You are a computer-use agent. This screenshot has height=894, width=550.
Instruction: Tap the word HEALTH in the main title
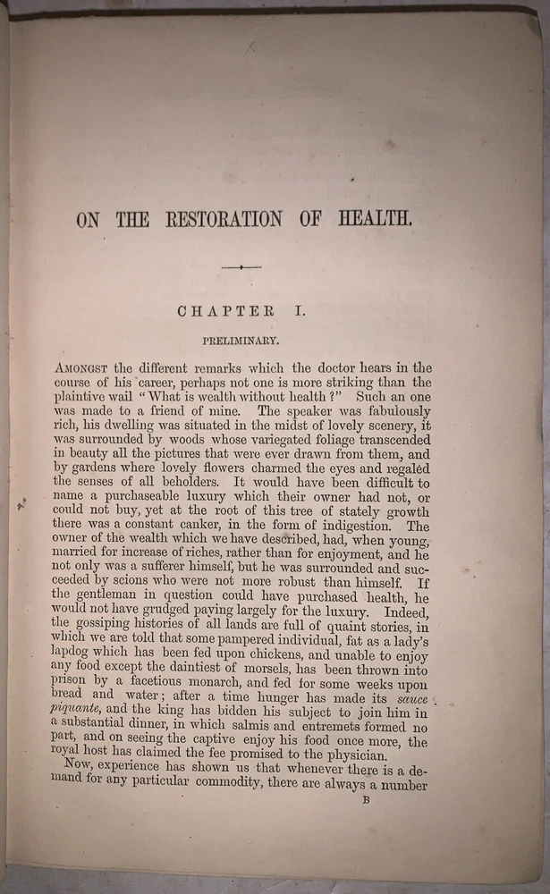(380, 218)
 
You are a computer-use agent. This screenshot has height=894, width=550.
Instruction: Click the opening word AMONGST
(82, 367)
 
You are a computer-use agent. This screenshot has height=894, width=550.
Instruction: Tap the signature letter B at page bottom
(365, 801)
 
